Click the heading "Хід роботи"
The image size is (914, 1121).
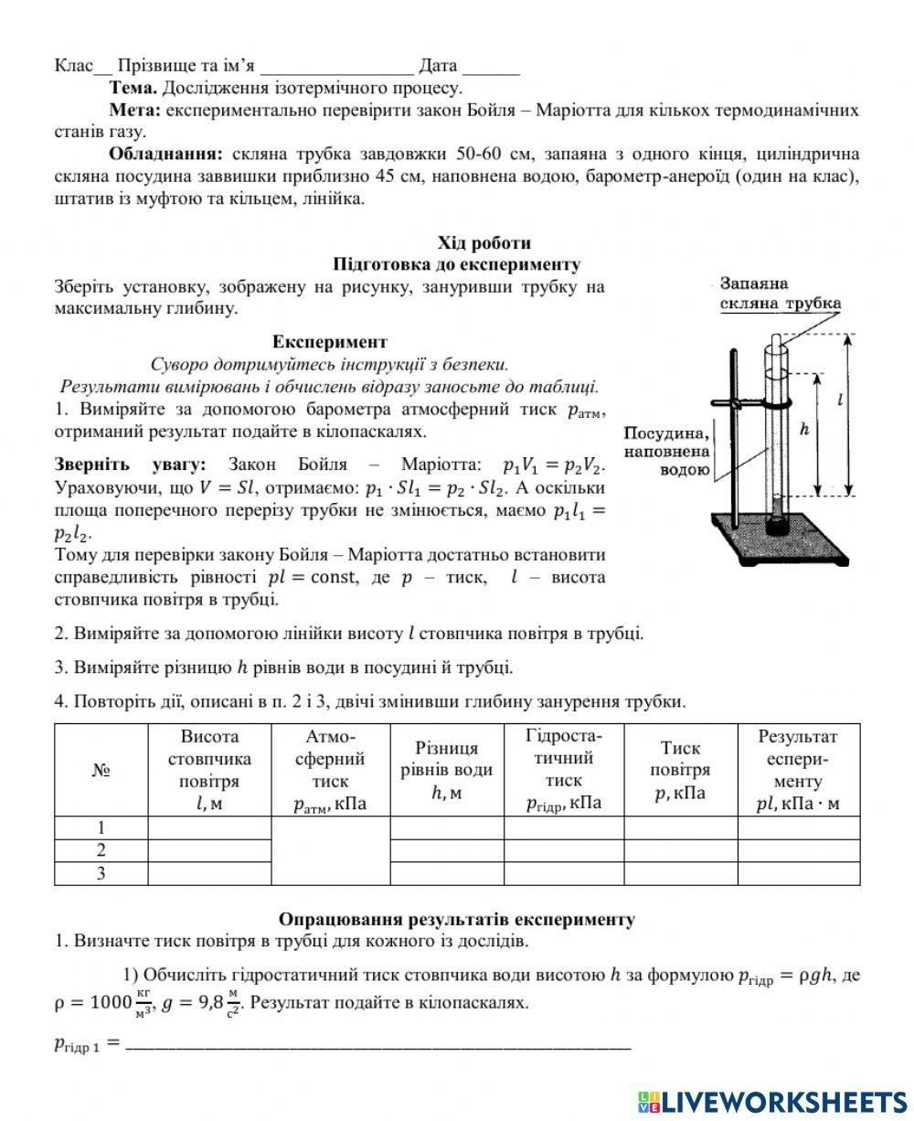484,243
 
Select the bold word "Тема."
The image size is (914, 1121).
133,89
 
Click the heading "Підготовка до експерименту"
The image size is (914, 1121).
457,264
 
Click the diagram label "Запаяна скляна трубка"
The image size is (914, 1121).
780,294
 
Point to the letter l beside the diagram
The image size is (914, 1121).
838,399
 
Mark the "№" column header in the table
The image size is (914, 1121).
101,770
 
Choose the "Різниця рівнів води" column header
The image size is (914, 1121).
447,770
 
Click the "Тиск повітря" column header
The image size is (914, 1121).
680,770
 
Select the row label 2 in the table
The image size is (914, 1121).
101,850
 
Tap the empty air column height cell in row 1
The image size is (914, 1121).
209,827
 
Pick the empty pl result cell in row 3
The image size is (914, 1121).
798,873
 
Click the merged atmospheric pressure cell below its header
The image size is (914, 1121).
331,850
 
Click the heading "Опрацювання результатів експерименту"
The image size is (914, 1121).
456,919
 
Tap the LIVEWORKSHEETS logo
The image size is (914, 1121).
772,1101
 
